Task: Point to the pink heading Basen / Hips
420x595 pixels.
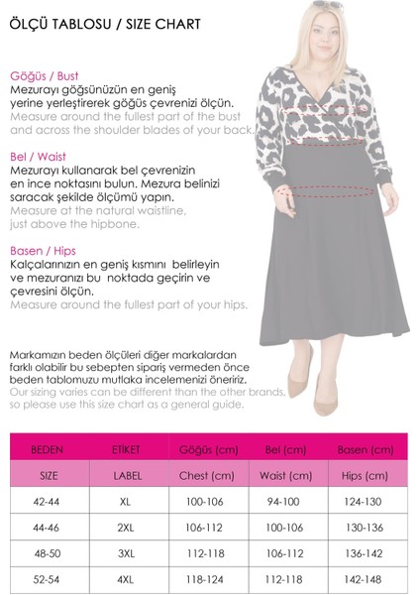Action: [43, 251]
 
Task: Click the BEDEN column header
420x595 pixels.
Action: [48, 449]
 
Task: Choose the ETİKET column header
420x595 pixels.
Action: [125, 449]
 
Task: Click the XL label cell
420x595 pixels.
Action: [125, 502]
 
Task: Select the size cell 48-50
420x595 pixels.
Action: [48, 553]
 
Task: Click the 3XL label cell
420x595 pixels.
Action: [125, 553]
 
